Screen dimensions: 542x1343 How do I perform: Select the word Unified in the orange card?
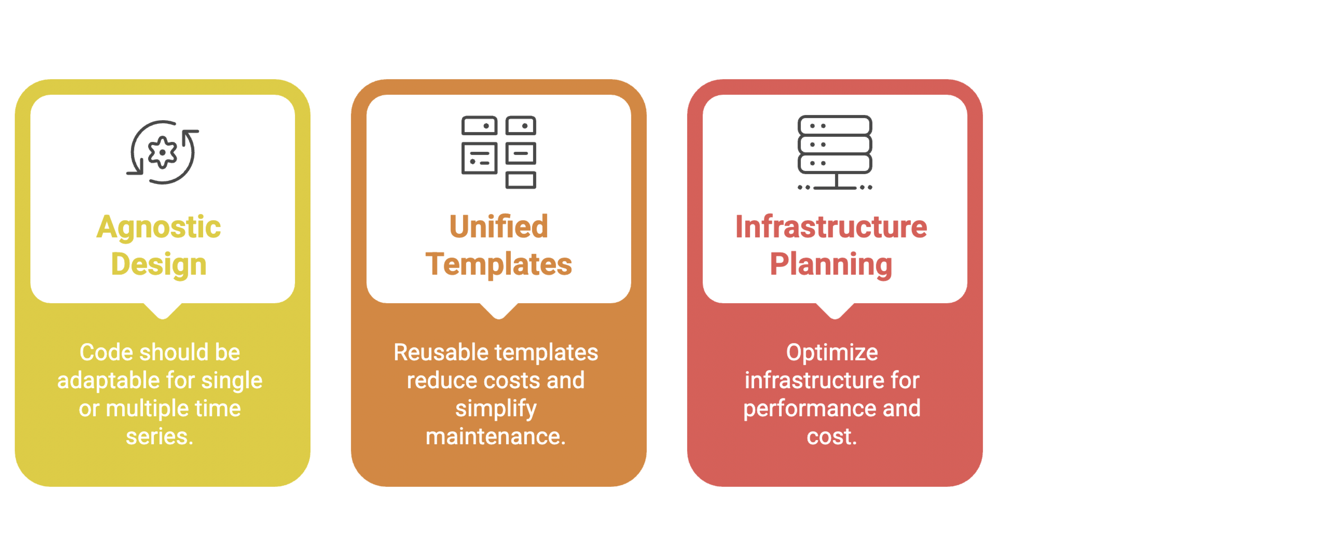[499, 227]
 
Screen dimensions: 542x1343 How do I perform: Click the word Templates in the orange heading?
[499, 264]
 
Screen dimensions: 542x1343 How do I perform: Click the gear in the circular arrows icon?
[163, 152]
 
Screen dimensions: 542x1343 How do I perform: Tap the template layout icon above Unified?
[499, 152]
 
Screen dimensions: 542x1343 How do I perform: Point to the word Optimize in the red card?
[832, 353]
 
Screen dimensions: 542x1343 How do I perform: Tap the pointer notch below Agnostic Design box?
[163, 311]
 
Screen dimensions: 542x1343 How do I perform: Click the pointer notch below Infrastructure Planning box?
[835, 311]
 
